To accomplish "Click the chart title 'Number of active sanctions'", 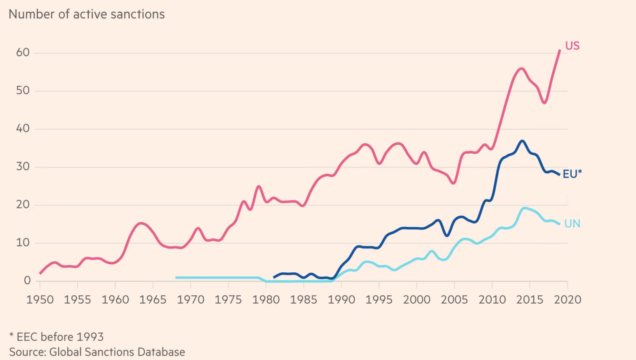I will pyautogui.click(x=86, y=14).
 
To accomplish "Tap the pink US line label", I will pyautogui.click(x=572, y=46).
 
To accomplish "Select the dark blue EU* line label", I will pyautogui.click(x=572, y=174).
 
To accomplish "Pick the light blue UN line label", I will pyautogui.click(x=572, y=224).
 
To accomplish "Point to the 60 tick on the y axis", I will pyautogui.click(x=23, y=53).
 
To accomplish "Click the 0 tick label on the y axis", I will pyautogui.click(x=27, y=281).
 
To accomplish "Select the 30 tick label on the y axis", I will pyautogui.click(x=23, y=167).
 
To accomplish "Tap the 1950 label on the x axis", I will pyautogui.click(x=40, y=300).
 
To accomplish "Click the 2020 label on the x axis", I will pyautogui.click(x=567, y=300).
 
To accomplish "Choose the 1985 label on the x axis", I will pyautogui.click(x=303, y=300).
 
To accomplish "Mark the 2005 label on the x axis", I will pyautogui.click(x=454, y=300).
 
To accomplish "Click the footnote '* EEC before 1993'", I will pyautogui.click(x=56, y=337).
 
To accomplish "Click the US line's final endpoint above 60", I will pyautogui.click(x=560, y=50).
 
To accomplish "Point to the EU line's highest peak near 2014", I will pyautogui.click(x=522, y=141).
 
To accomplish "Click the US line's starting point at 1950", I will pyautogui.click(x=40, y=274).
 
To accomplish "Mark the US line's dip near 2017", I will pyautogui.click(x=544, y=103).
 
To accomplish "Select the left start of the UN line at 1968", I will pyautogui.click(x=177, y=277).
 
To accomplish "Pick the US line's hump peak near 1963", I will pyautogui.click(x=141, y=223).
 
